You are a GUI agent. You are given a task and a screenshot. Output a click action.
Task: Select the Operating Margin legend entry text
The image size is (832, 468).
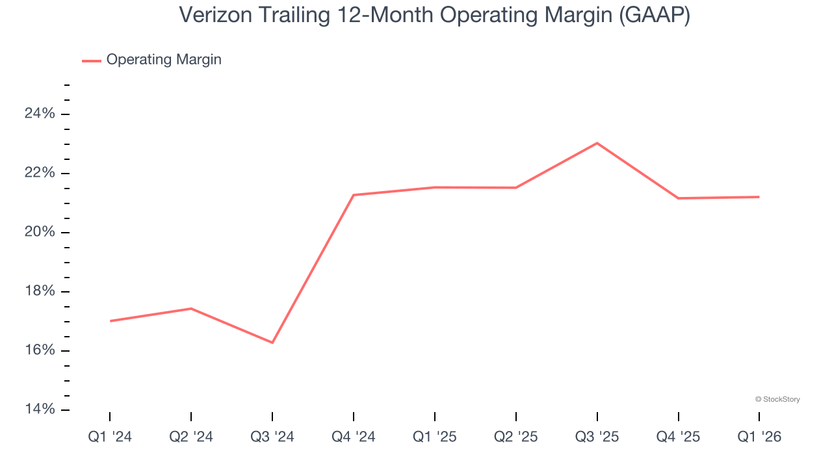pos(164,60)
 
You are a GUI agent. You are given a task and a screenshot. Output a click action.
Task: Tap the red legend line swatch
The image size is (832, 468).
pos(92,60)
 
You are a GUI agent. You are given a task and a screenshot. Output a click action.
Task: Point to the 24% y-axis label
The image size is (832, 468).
pos(40,114)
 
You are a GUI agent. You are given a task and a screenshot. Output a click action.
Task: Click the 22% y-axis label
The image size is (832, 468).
pos(40,173)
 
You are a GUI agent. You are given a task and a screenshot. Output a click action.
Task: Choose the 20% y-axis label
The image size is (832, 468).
pos(40,232)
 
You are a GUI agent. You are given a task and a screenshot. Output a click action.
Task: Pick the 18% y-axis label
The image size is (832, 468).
pos(40,291)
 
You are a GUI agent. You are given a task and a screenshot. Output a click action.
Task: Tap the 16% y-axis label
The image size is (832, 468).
pos(40,350)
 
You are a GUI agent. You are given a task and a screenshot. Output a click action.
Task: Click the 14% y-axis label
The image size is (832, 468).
pos(40,409)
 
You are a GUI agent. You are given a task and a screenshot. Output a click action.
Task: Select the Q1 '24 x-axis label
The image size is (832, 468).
pos(110,437)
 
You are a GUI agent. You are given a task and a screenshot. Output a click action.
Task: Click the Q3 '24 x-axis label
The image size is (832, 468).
pos(272,437)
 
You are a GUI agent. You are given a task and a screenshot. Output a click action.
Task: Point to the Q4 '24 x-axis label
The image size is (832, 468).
pos(354,437)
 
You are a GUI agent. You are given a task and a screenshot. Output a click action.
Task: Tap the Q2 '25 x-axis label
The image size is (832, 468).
pos(516,437)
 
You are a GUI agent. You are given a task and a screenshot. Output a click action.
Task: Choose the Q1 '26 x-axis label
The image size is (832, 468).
pos(759,437)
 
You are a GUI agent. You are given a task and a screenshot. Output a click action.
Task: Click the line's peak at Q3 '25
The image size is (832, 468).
pos(597,143)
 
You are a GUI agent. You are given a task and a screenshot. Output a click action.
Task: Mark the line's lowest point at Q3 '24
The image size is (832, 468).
pos(272,343)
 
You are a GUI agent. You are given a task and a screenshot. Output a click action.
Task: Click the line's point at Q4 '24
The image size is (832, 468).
pos(354,195)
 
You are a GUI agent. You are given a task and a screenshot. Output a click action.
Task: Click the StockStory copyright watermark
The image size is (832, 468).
pos(777,399)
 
